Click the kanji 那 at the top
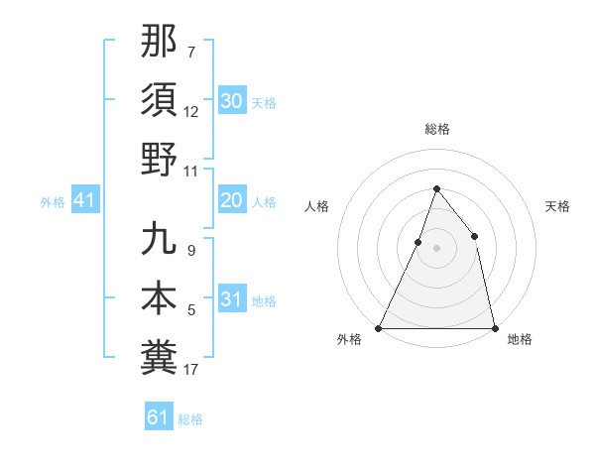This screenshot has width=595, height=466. (159, 43)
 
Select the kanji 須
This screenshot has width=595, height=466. (159, 100)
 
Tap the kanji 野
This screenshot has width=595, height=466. (159, 158)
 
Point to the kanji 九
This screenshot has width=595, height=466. (159, 239)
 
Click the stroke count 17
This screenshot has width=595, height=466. (191, 370)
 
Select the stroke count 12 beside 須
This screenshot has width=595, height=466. (191, 112)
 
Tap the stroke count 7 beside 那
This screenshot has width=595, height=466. (190, 52)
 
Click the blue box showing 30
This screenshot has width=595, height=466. (231, 101)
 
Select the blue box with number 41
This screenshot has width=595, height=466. (84, 201)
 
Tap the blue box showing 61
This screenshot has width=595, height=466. (159, 417)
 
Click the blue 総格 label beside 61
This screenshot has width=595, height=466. (190, 419)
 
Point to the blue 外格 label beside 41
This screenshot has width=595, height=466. (53, 202)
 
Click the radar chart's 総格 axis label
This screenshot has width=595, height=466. (436, 129)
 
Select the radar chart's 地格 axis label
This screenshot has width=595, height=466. (520, 339)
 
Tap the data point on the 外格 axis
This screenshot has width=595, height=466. (379, 327)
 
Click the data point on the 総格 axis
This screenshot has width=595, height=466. (436, 188)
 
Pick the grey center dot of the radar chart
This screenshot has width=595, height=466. (436, 248)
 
